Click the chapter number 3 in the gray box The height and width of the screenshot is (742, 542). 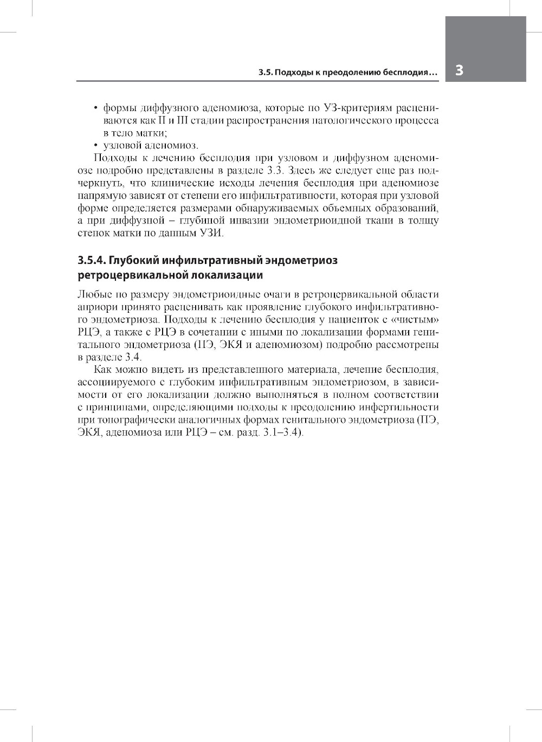pyautogui.click(x=459, y=71)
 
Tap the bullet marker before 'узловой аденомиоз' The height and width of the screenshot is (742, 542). pyautogui.click(x=95, y=145)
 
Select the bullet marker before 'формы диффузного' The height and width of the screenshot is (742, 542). pyautogui.click(x=95, y=108)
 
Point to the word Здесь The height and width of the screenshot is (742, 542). pyautogui.click(x=298, y=170)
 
